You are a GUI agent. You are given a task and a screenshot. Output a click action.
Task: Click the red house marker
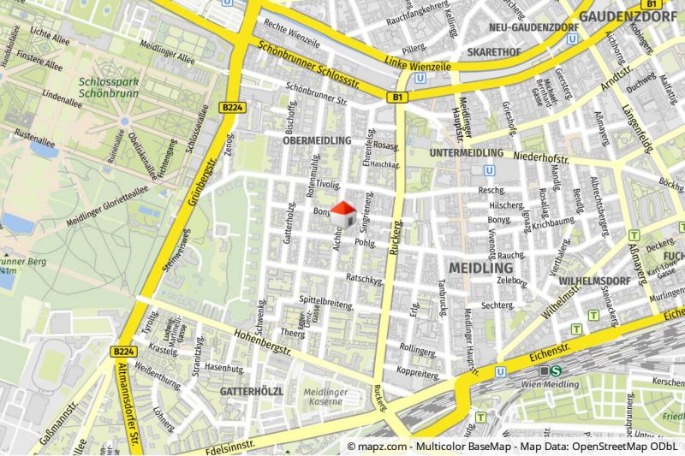(x=343, y=215)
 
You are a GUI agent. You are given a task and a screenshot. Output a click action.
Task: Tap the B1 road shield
(x=397, y=98)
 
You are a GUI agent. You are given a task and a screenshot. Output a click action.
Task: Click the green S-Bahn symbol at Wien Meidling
(x=556, y=370)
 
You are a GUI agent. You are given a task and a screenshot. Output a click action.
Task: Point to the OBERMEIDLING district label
(x=317, y=139)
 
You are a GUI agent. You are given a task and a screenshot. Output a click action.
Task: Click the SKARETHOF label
(x=494, y=52)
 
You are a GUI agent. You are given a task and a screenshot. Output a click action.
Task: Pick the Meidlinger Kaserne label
(x=324, y=396)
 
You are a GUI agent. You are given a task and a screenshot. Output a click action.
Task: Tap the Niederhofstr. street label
(x=542, y=158)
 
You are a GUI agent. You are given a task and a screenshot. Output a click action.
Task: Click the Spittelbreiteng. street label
(x=327, y=301)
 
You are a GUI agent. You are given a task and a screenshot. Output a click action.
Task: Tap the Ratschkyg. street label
(x=363, y=278)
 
